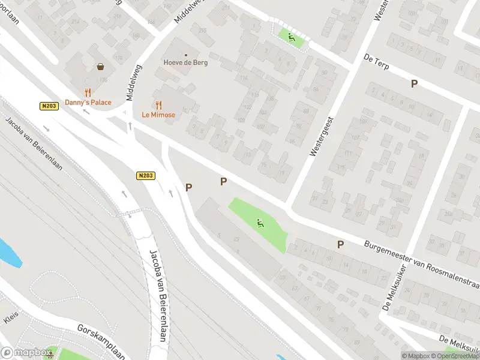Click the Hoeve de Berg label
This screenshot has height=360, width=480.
point(185,62)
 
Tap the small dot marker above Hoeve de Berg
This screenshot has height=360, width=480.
point(185,55)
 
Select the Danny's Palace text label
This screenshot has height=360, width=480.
point(88,102)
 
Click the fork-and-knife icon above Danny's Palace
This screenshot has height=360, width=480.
point(88,92)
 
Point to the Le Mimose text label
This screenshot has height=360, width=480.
point(158,115)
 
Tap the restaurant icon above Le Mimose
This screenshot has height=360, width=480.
point(158,105)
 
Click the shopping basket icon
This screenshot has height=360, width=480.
point(100,67)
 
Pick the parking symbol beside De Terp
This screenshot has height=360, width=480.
point(414,84)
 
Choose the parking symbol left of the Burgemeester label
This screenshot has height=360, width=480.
point(340,244)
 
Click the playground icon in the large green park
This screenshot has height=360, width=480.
point(260,224)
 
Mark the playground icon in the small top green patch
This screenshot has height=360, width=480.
point(291,37)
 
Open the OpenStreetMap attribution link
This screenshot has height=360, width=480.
point(455,356)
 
